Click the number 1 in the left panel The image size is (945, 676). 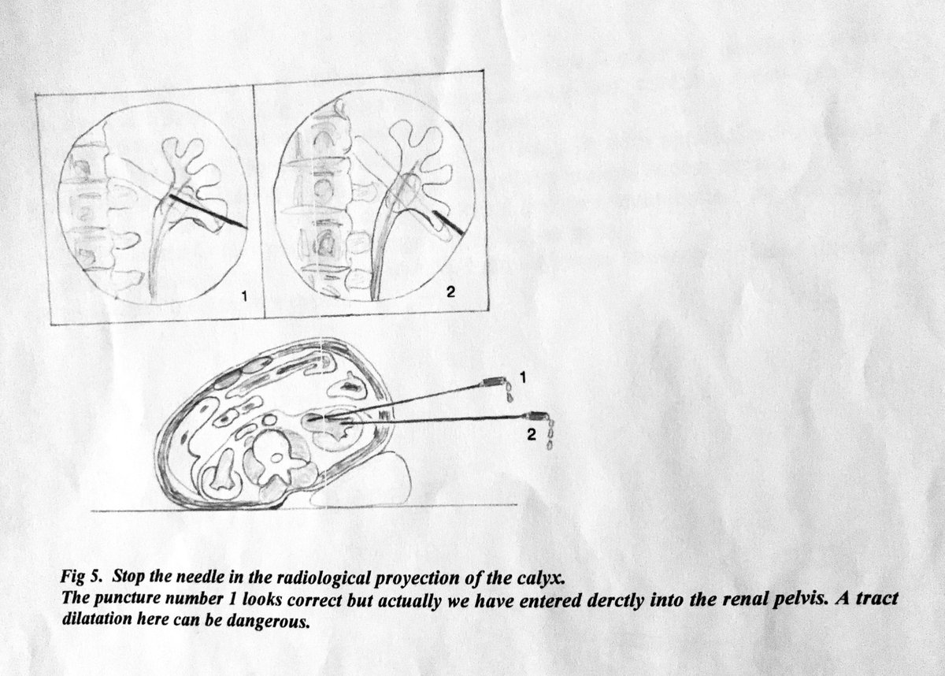point(245,296)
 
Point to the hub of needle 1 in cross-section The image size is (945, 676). point(495,382)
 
